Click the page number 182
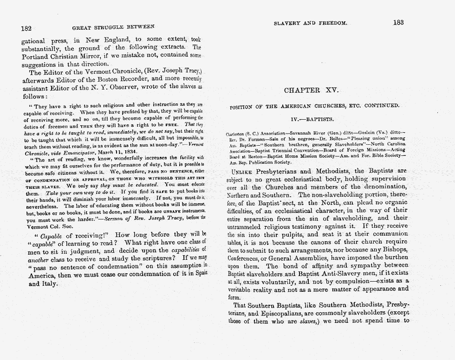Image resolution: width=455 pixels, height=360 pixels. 26,28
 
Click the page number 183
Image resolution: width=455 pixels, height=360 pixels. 398,22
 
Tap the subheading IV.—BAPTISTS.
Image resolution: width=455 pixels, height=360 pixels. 314,119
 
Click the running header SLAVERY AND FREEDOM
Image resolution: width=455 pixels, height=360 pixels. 310,22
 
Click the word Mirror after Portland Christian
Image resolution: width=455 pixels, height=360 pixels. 96,56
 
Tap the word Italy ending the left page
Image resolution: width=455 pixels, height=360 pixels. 38,283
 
